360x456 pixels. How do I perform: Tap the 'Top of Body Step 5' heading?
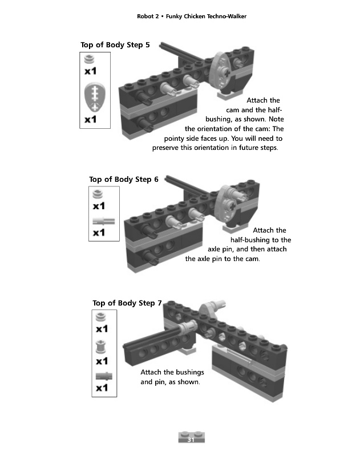point(115,45)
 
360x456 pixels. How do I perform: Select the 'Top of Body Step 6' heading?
point(124,180)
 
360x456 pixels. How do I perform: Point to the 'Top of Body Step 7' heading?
point(127,303)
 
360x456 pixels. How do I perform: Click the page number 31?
point(191,440)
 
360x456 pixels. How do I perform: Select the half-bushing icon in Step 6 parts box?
point(99,194)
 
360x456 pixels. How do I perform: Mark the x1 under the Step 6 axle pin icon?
point(99,233)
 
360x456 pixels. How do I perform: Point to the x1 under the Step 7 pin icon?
point(102,388)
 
